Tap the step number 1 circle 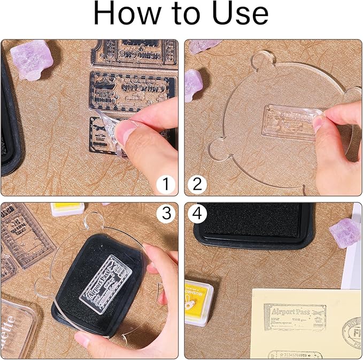coord(166,185)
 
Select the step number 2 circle coord(197,185)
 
